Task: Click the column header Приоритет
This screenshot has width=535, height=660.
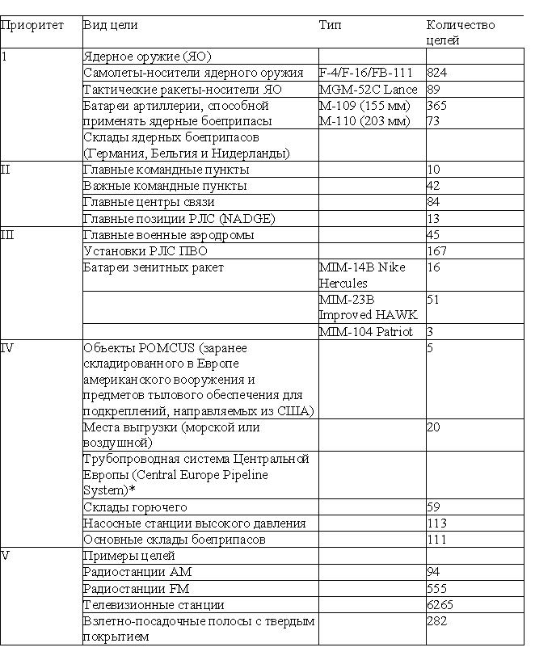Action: (x=32, y=25)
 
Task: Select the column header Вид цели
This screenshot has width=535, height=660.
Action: (x=111, y=25)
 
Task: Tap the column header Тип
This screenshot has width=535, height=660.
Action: (x=331, y=25)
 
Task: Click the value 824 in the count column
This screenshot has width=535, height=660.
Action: (x=437, y=73)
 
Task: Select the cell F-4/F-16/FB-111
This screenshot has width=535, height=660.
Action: (x=366, y=73)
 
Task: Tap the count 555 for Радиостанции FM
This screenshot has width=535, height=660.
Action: (x=437, y=589)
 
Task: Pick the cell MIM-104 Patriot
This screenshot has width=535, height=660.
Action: (x=366, y=331)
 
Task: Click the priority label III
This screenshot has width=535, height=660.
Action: (x=7, y=234)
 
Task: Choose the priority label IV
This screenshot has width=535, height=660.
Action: (x=7, y=347)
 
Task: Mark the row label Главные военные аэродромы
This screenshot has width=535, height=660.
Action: (x=169, y=235)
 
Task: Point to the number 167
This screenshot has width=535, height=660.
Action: (x=437, y=251)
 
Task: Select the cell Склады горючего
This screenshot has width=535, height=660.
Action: (x=135, y=507)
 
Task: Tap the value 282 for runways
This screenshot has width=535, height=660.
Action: (x=437, y=621)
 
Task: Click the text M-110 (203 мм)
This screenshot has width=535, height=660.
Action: (x=364, y=121)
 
